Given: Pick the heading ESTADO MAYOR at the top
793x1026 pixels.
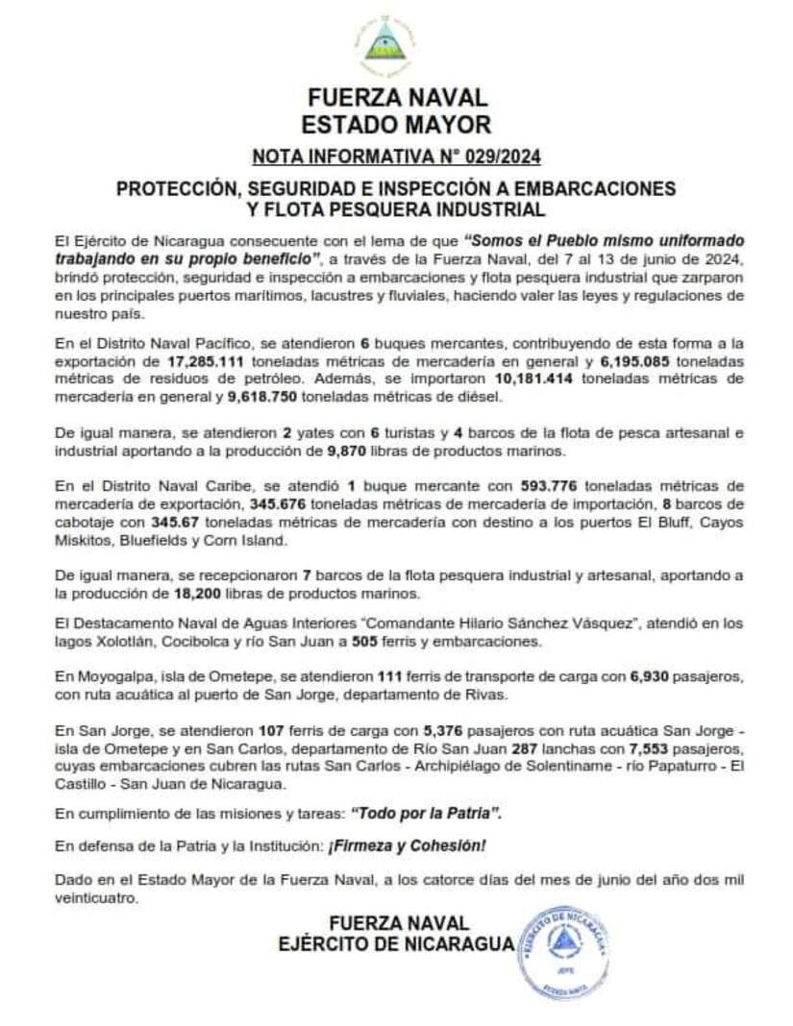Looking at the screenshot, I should (396, 124).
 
